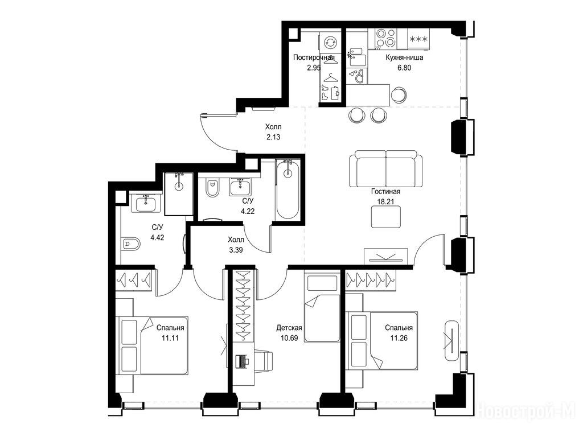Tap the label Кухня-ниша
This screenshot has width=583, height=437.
point(404,57)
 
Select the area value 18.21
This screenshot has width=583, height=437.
point(385,201)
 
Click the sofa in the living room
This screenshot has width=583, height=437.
point(385,168)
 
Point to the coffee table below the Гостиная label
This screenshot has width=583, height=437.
point(386,217)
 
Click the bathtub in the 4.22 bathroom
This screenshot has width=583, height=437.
point(288,189)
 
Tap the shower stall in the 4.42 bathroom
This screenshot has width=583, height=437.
point(179,193)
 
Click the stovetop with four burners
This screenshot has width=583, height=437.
point(386,39)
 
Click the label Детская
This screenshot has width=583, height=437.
point(289,328)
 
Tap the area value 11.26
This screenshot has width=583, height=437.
point(399,338)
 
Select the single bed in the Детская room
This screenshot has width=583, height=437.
point(322,308)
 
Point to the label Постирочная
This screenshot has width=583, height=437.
point(314,57)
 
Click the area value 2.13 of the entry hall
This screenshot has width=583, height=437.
point(273,137)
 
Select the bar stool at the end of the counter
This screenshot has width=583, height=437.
point(399,94)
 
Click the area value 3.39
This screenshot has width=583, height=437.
point(236,250)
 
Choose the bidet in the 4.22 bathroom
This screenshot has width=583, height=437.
point(212,188)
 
